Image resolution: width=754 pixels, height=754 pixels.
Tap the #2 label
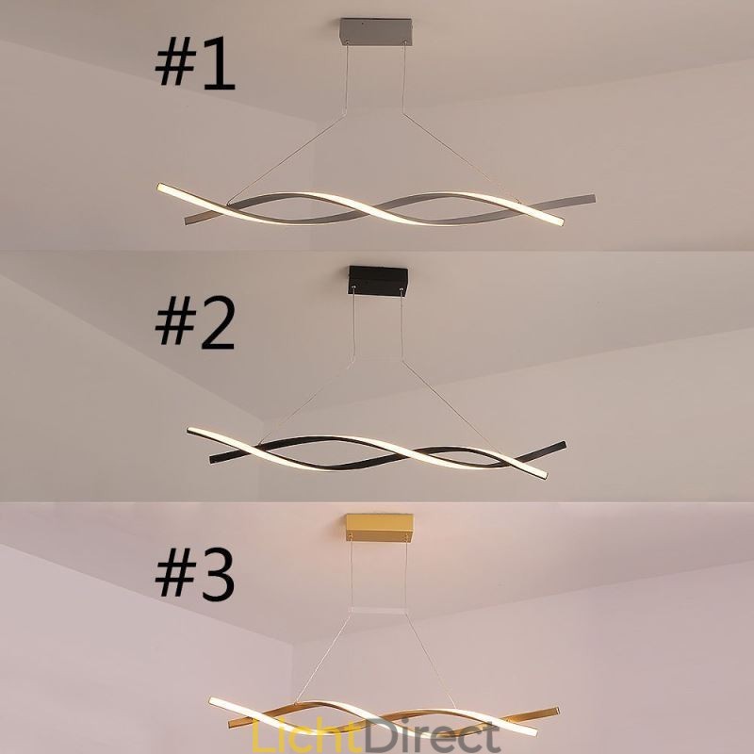pos(194,321)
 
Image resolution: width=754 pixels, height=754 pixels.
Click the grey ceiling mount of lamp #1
pos(376,31)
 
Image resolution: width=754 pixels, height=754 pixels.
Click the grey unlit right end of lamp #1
pos(589,200)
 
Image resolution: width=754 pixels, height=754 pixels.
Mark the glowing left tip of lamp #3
pos(214,704)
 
